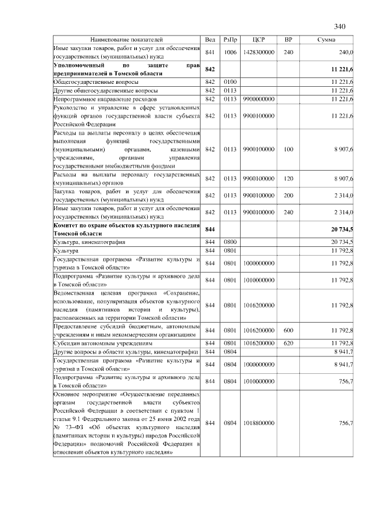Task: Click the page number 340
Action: click(340, 27)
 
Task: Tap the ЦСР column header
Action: click(259, 39)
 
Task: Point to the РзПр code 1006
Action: click(230, 52)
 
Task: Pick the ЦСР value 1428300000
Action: click(259, 52)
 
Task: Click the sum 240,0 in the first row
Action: click(346, 52)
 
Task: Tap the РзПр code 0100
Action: click(230, 82)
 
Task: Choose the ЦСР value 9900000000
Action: click(259, 99)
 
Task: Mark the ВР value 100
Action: click(288, 150)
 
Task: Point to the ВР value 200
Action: click(288, 195)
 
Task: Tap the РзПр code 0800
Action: click(230, 242)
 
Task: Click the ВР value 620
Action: click(288, 343)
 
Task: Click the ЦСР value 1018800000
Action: click(259, 422)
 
